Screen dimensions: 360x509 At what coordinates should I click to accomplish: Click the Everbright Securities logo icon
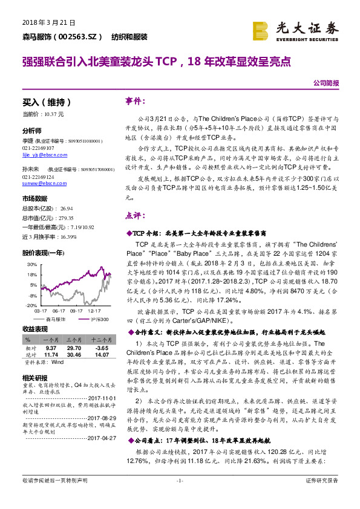click(x=260, y=29)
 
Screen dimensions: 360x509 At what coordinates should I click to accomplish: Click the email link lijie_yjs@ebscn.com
click(x=39, y=155)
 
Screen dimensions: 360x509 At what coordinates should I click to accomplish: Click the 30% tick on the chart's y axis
click(x=31, y=265)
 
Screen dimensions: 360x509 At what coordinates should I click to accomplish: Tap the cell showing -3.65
click(x=100, y=349)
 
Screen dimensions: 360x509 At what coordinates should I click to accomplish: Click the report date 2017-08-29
click(x=100, y=418)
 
